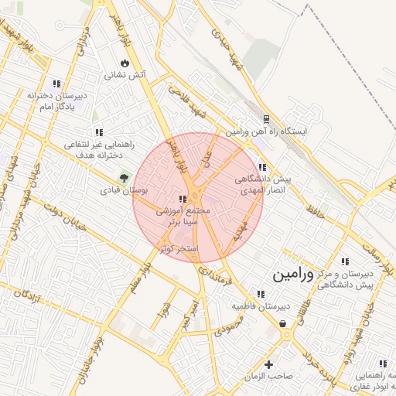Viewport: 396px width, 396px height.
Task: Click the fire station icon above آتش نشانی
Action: click(x=125, y=62)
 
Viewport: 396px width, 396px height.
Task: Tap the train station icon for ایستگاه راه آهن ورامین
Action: click(x=266, y=119)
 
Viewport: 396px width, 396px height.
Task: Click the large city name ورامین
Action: click(x=293, y=275)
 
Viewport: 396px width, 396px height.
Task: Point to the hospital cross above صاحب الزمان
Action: click(x=269, y=364)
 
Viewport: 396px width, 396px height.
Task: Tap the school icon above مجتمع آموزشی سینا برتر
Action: click(x=183, y=198)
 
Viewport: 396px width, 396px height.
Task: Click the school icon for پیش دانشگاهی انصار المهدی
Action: click(x=262, y=166)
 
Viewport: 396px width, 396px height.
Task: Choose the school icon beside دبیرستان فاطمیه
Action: click(x=261, y=293)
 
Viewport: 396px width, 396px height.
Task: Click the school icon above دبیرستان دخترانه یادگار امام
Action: click(x=56, y=83)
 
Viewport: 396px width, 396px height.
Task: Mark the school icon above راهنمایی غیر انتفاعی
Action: click(x=97, y=132)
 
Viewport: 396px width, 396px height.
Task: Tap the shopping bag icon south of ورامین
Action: click(x=283, y=323)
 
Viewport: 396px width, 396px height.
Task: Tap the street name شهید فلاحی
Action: click(x=186, y=101)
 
